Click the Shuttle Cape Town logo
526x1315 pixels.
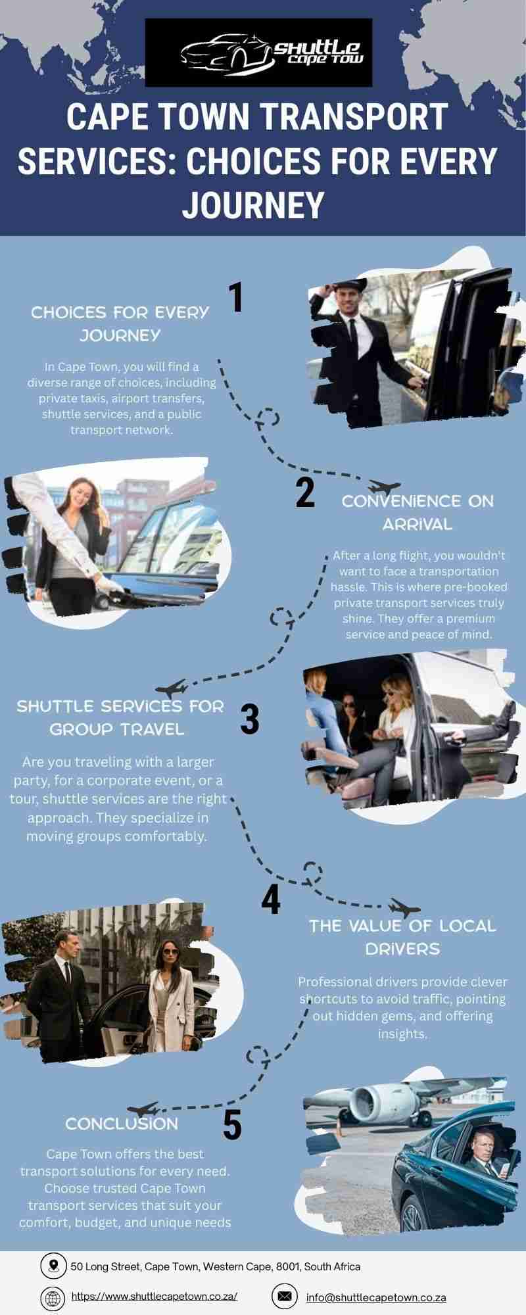258,53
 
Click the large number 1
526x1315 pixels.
235,297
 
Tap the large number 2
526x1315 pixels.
305,492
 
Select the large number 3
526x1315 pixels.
249,719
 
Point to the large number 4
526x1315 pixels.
271,899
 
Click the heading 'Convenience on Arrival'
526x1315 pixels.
418,513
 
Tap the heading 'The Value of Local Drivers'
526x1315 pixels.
402,937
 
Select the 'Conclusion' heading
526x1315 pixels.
122,1124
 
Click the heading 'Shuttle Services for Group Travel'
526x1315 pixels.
120,717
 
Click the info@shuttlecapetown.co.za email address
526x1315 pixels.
376,1297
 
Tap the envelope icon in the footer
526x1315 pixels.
284,1296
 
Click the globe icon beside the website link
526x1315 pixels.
53,1298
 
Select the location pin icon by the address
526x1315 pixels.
53,1265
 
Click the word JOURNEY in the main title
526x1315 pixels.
253,204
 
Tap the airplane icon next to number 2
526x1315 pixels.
385,487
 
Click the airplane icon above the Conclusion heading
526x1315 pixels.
143,1110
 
